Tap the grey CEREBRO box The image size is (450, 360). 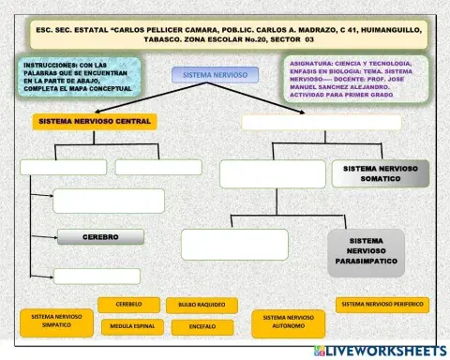click(99, 237)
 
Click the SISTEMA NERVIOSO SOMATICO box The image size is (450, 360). click(380, 173)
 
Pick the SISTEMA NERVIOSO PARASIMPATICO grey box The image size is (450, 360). click(366, 250)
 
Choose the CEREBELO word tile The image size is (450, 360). click(128, 305)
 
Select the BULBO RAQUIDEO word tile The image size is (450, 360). click(202, 306)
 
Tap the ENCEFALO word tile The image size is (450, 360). click(202, 326)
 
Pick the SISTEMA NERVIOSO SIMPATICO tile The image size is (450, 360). click(56, 322)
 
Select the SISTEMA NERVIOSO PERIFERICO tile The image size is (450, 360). click(382, 305)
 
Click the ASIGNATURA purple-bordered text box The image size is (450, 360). click(355, 77)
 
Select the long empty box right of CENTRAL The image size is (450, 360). click(321, 122)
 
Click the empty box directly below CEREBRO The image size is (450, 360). click(97, 276)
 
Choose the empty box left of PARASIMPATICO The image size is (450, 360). click(234, 244)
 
